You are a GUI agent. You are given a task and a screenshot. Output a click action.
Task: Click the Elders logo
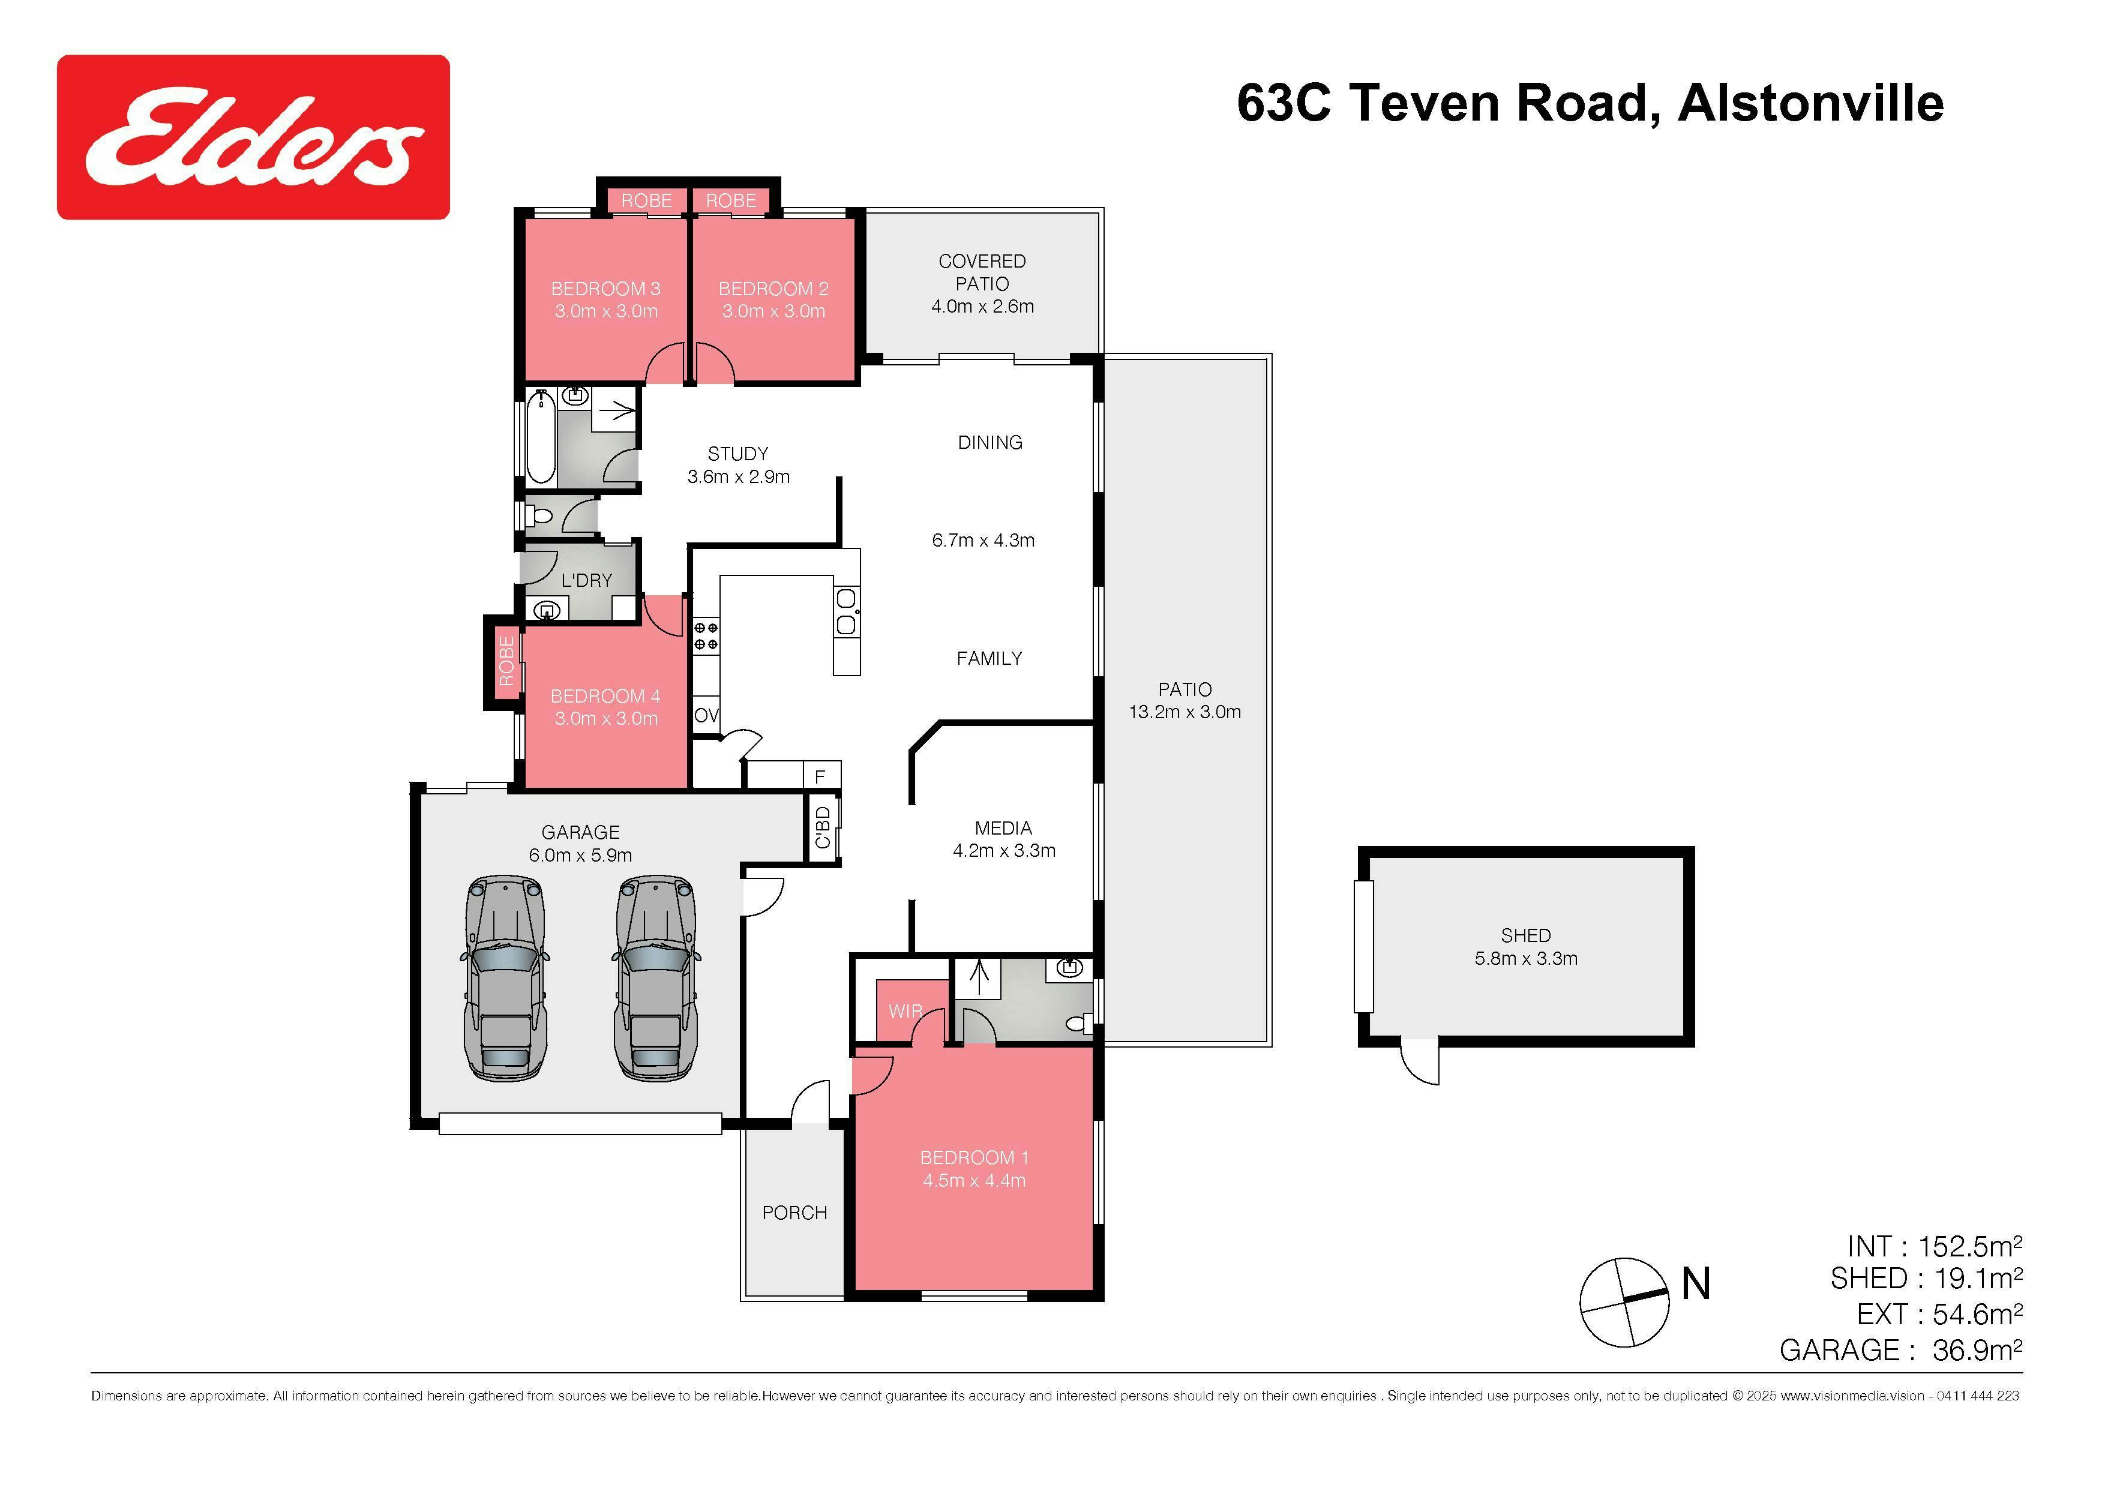coord(253,137)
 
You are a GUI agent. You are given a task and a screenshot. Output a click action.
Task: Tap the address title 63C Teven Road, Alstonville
coord(1590,103)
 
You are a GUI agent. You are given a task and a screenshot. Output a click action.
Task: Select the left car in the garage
coord(504,978)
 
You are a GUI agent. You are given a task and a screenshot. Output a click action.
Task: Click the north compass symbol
coord(1624,1302)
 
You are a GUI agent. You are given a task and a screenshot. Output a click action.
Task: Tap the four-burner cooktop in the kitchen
coord(706,635)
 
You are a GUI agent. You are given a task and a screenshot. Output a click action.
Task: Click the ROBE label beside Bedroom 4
coord(505,661)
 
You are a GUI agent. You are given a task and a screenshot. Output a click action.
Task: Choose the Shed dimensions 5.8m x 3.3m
coord(1525,958)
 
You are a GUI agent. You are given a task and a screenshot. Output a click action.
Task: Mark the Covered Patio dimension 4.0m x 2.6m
coord(982,306)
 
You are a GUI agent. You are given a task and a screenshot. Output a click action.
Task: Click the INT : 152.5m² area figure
coord(1935,1247)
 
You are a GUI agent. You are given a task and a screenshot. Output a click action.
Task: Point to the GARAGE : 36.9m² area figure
coord(1900,1349)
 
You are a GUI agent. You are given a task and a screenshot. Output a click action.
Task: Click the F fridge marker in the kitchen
coord(820,776)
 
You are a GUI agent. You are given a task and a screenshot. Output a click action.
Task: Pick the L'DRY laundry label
coord(587,580)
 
